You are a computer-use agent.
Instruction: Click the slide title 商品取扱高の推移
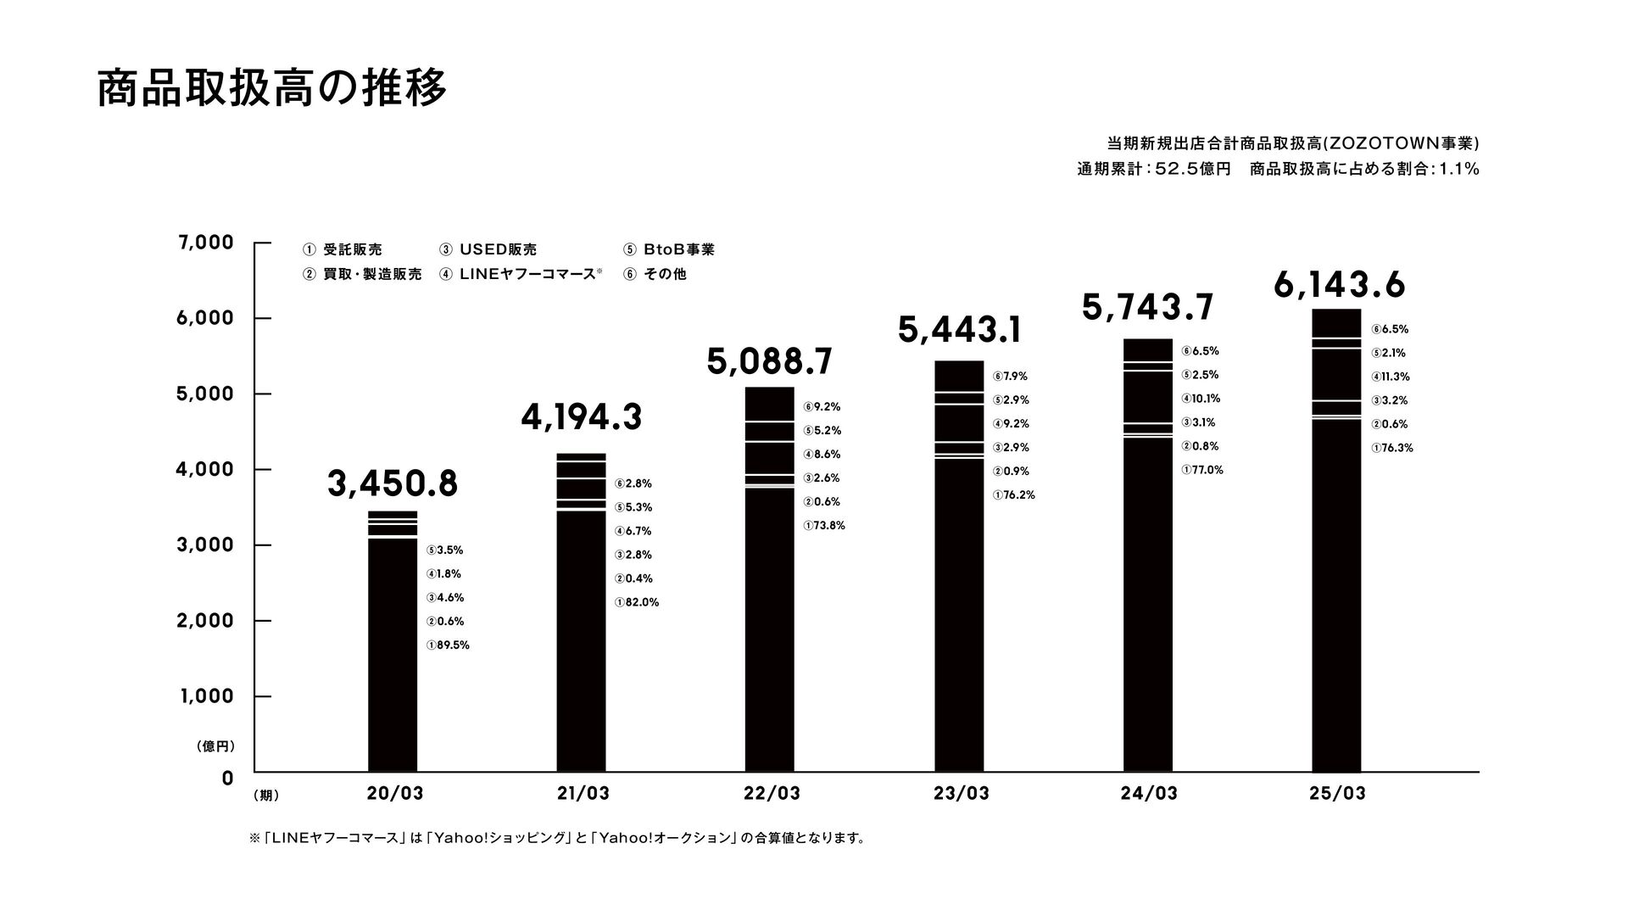point(271,89)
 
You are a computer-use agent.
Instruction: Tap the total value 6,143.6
point(1339,286)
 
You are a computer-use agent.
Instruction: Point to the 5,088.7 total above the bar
point(769,362)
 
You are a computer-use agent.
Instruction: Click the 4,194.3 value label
point(581,418)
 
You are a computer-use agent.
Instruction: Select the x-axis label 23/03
point(961,794)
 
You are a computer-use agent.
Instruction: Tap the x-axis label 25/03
point(1337,794)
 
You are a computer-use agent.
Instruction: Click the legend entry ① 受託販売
point(343,249)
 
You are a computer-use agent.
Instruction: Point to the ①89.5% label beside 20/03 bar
point(448,645)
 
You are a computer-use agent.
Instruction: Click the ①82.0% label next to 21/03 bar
point(637,603)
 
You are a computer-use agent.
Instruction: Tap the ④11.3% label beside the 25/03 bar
point(1391,377)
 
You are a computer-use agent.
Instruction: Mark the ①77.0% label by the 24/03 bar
point(1202,470)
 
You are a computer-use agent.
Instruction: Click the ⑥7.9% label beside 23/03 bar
point(1010,377)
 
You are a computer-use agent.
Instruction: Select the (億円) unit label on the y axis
point(214,746)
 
